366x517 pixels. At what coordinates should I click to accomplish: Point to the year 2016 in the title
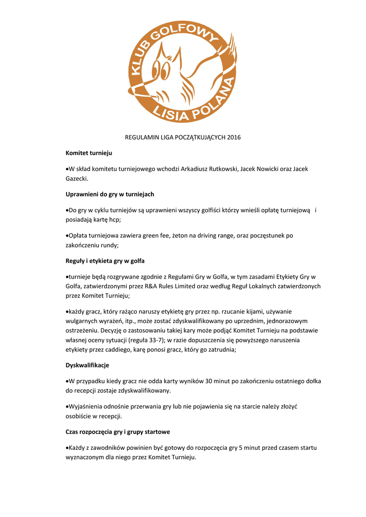tap(234, 137)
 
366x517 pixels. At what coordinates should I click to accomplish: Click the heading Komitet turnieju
tap(89, 152)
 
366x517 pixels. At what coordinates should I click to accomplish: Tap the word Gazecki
tap(77, 178)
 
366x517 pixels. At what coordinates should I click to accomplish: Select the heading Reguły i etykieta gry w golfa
tap(105, 261)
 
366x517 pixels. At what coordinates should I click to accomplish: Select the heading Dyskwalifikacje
tap(87, 365)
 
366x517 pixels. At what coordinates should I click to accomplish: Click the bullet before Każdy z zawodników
tap(67, 448)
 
